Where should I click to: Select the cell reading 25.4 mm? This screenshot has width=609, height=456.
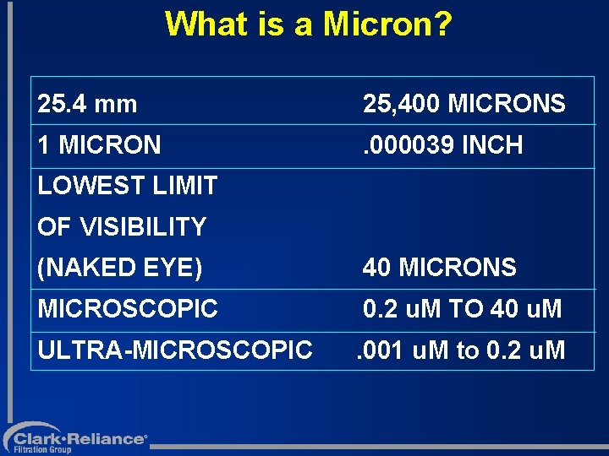pyautogui.click(x=87, y=105)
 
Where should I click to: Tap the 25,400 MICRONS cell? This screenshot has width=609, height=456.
pyautogui.click(x=464, y=105)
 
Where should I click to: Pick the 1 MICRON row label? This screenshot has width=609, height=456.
pyautogui.click(x=99, y=145)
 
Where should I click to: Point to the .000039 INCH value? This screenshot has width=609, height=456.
pyautogui.click(x=442, y=145)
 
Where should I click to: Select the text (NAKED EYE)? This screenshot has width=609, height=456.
pyautogui.click(x=120, y=268)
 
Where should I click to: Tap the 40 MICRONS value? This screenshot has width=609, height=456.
pyautogui.click(x=439, y=268)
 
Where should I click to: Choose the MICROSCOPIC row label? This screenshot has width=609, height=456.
pyautogui.click(x=128, y=309)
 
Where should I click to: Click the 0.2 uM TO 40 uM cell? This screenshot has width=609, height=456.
pyautogui.click(x=462, y=309)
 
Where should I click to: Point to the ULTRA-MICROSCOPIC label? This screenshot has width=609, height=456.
pyautogui.click(x=175, y=350)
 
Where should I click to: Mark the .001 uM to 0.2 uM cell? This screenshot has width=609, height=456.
pyautogui.click(x=460, y=350)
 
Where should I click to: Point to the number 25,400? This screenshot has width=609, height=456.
pyautogui.click(x=401, y=105)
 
